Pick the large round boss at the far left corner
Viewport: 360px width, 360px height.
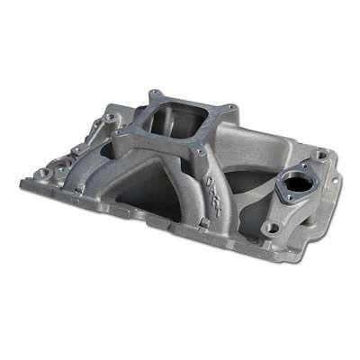42,168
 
